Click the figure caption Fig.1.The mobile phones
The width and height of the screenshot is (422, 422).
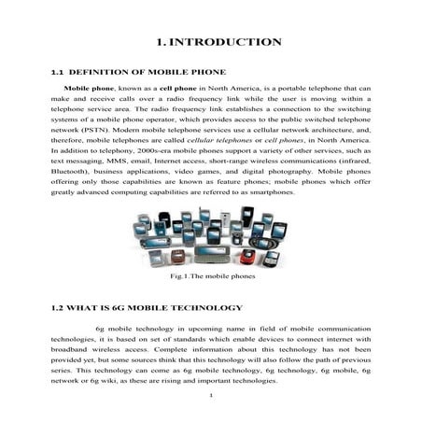tap(212, 277)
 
